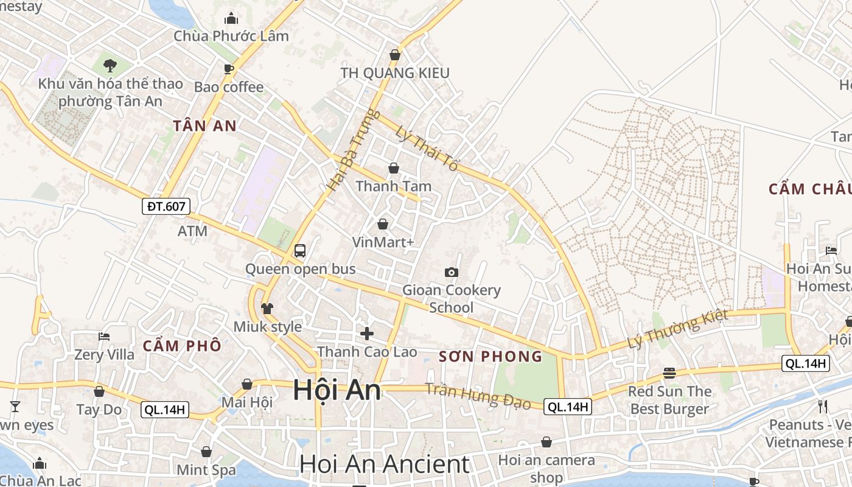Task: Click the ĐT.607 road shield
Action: click(166, 206)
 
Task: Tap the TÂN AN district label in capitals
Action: click(204, 126)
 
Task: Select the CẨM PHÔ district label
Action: click(182, 346)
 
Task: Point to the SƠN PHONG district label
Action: click(491, 357)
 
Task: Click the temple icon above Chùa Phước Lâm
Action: click(231, 19)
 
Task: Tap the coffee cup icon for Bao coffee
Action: click(229, 69)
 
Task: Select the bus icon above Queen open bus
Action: click(299, 250)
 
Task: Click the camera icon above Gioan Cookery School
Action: click(451, 272)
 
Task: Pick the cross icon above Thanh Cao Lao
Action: click(367, 333)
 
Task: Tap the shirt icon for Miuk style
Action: click(267, 309)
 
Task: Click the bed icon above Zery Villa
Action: click(104, 336)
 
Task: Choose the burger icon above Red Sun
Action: click(669, 373)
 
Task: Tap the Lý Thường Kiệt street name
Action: click(677, 329)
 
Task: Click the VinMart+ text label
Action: click(383, 242)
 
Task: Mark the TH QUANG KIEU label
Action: click(395, 73)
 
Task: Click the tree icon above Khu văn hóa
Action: click(110, 65)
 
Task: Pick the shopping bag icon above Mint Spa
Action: click(206, 452)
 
